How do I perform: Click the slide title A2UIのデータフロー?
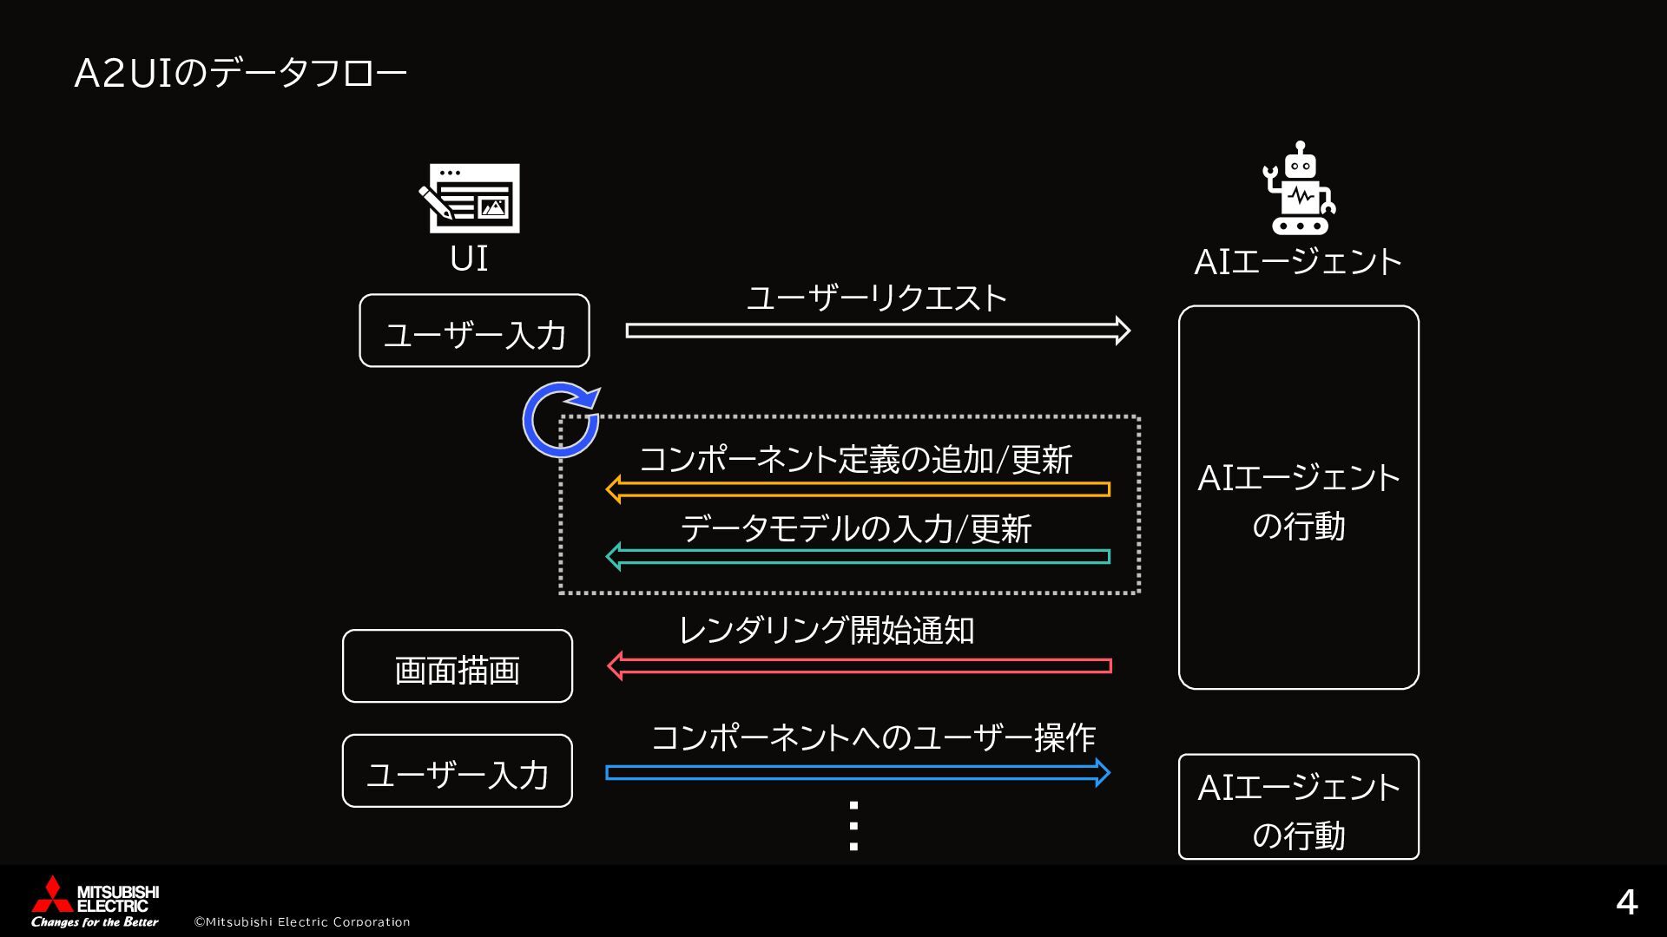(x=240, y=75)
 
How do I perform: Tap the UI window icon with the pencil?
(x=470, y=198)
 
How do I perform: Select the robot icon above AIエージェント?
(x=1299, y=189)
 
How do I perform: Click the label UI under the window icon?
(x=469, y=259)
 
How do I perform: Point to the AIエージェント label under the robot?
(x=1298, y=262)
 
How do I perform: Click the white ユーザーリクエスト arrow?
(x=877, y=331)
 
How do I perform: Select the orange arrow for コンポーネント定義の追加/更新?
(x=858, y=489)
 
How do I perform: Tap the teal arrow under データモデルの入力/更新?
(x=858, y=556)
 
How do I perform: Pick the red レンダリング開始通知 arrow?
(x=860, y=666)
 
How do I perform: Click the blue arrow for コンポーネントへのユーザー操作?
(x=858, y=772)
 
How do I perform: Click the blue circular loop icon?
(x=561, y=419)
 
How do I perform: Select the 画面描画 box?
(x=458, y=666)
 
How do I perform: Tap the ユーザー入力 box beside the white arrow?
(x=474, y=331)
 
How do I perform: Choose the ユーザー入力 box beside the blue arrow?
(x=458, y=771)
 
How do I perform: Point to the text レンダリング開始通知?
(x=827, y=631)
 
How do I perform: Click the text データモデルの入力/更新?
(x=856, y=528)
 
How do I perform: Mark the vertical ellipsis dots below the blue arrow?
(x=853, y=825)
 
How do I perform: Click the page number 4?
(x=1626, y=903)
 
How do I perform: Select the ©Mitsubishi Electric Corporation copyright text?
(x=302, y=921)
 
